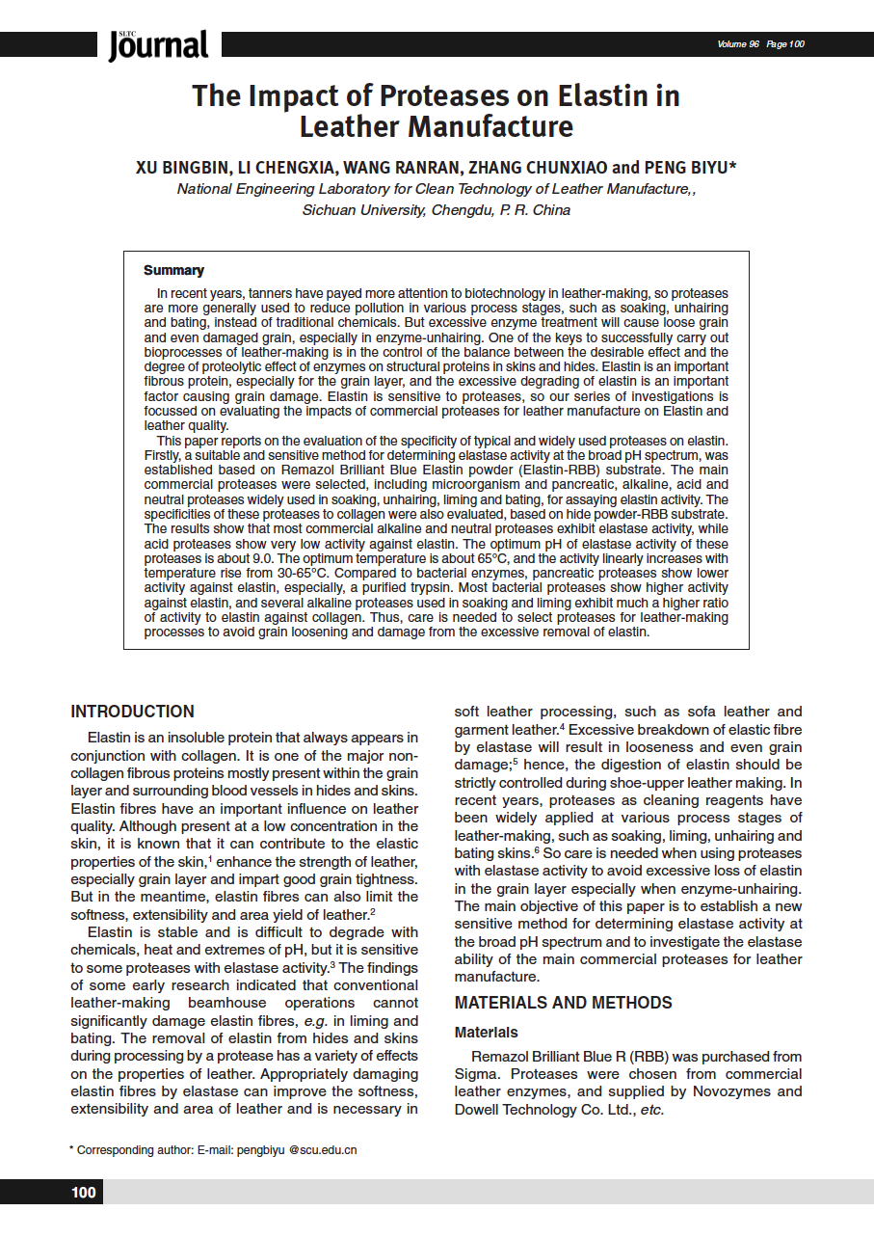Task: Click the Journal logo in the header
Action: click(x=159, y=44)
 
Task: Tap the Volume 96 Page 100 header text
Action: click(x=760, y=44)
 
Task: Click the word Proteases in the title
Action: click(x=453, y=95)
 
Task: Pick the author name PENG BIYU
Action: click(x=689, y=167)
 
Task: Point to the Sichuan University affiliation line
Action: click(x=436, y=210)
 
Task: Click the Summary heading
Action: click(x=173, y=271)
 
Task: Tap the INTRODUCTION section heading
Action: click(x=132, y=712)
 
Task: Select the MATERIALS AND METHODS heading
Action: click(x=564, y=1003)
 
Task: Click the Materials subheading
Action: click(x=486, y=1032)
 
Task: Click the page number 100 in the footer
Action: click(x=84, y=1193)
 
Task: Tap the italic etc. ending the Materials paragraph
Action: click(x=652, y=1110)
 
